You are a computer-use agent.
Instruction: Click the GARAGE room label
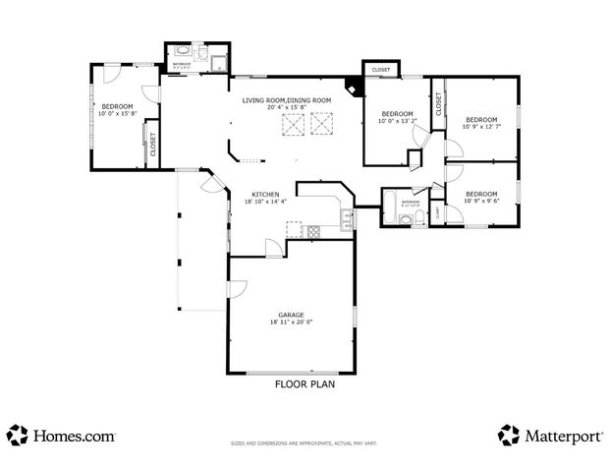tap(290, 315)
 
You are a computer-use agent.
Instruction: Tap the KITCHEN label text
tap(265, 194)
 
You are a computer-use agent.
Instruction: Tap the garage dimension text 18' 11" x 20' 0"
tap(290, 323)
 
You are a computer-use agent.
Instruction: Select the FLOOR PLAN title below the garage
tap(305, 385)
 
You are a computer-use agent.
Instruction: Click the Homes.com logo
tap(61, 435)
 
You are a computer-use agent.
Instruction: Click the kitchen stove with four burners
tap(314, 232)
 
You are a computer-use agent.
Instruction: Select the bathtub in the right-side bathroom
tap(390, 208)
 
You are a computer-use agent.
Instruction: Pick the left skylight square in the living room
tap(292, 124)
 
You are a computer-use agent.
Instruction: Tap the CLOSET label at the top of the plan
tap(381, 70)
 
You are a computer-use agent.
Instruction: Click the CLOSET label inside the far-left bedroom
tap(153, 145)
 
